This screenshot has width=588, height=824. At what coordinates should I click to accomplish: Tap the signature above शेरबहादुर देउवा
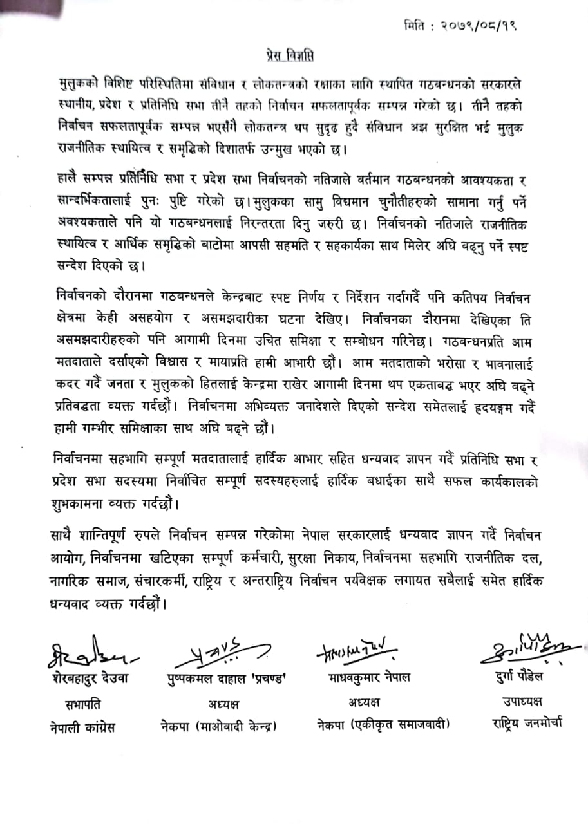(90, 651)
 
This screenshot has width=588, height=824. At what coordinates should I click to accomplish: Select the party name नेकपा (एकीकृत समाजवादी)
(374, 726)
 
